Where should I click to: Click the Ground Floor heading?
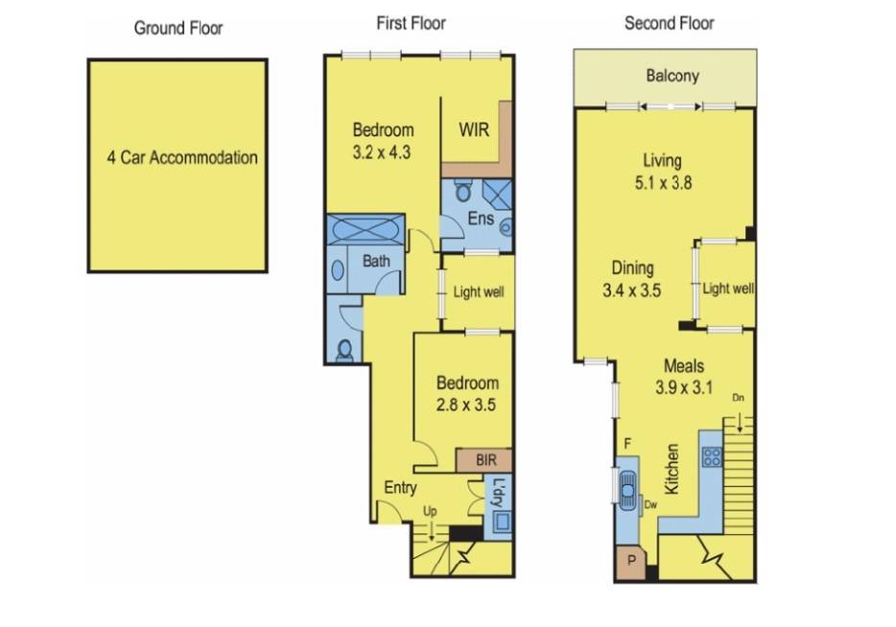pos(178,28)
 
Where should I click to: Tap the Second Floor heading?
pos(670,23)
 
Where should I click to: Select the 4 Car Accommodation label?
pos(182,157)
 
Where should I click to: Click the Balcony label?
pos(672,76)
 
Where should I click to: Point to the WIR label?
pos(474,129)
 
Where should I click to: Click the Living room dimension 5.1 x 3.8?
pos(663,183)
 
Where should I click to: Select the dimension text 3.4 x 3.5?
pos(631,290)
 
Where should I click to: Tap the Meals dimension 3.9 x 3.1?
pos(683,387)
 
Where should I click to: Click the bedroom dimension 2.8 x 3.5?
pos(465,405)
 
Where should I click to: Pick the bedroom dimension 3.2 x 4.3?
pos(382,152)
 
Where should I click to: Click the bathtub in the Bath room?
pos(365,229)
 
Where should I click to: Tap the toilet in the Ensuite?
pos(462,191)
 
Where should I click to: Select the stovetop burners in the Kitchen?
pos(712,456)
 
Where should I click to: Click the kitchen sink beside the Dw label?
pos(627,488)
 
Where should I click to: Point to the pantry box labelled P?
pos(631,560)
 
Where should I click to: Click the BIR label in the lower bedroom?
pos(485,459)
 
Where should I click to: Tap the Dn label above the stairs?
pos(739,398)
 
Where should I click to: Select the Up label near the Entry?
pos(430,510)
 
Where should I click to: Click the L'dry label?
pos(498,492)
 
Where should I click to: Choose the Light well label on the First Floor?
pos(479,292)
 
